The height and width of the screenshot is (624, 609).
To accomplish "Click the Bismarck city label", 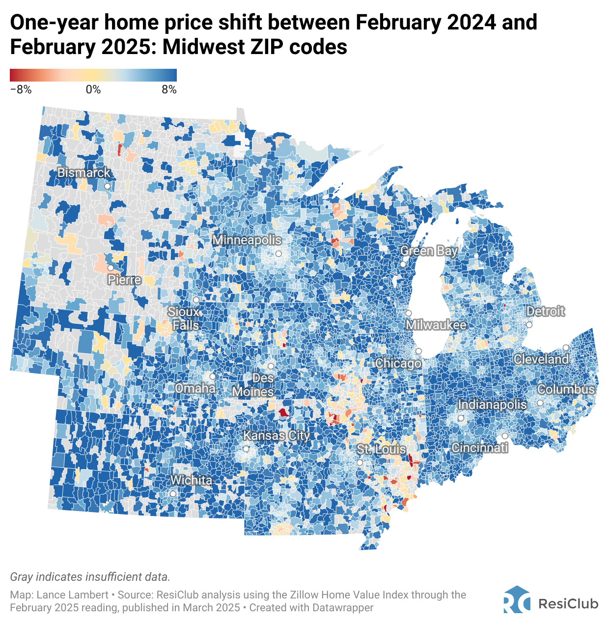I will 84,173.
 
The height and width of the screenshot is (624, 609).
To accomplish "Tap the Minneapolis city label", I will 247,240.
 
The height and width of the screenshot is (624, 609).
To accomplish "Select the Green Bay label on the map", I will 429,251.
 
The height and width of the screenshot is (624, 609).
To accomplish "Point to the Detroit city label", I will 545,312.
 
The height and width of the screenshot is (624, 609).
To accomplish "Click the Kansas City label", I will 277,436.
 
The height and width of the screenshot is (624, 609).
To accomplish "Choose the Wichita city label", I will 191,480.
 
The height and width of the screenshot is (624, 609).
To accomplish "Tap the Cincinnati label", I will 479,448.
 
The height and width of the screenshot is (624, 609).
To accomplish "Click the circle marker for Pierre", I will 111,268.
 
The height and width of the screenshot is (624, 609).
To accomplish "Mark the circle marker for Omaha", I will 213,376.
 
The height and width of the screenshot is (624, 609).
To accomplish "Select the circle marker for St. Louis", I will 360,463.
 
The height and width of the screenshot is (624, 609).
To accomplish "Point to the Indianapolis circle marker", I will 461,418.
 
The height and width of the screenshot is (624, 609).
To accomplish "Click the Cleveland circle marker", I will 566,347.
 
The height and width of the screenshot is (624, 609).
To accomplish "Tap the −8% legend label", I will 21,90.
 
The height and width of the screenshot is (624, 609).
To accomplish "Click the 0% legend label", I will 93,90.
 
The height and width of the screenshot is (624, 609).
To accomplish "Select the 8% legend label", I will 169,90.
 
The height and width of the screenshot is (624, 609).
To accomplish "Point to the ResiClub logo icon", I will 517,599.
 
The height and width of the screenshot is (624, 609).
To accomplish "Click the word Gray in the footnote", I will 22,577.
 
